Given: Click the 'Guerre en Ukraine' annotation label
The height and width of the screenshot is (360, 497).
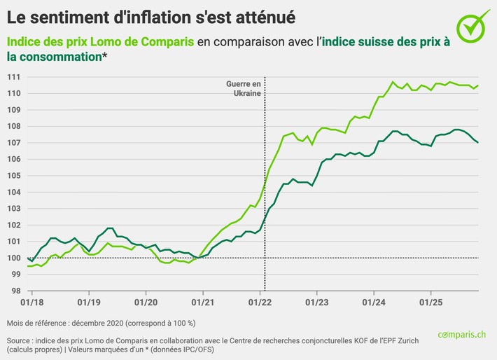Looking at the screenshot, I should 243,88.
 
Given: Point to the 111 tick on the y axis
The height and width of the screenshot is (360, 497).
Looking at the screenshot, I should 13,76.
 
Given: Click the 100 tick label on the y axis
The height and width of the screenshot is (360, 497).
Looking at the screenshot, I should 13,258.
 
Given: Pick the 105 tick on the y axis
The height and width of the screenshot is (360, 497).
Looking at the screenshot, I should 13,175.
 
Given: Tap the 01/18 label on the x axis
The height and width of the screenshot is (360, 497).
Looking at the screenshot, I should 31,306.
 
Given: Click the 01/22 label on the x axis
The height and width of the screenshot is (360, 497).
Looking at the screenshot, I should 260,306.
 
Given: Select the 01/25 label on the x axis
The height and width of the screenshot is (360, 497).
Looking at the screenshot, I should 430,306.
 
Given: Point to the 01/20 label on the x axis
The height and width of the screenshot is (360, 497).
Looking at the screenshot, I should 145,306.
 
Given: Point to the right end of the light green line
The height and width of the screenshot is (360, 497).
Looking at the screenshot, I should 478,85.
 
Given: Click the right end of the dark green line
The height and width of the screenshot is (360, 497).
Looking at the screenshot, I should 478,142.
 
